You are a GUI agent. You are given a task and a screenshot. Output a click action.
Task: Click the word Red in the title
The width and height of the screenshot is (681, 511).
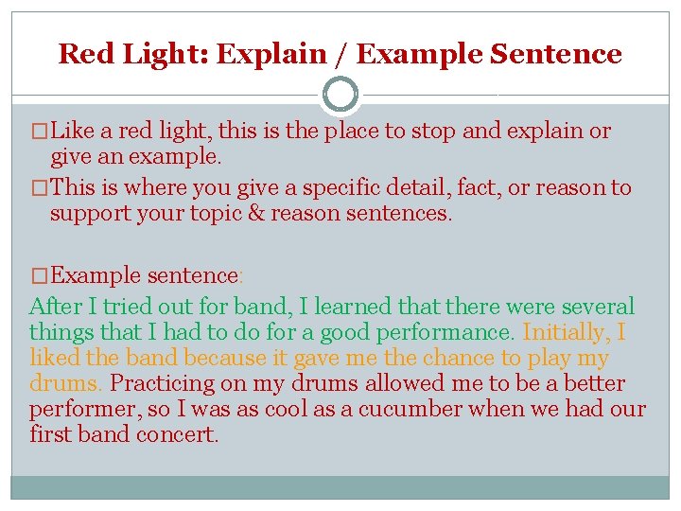[80, 54]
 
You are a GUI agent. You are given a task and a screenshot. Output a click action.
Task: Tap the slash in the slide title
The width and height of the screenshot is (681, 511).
[339, 54]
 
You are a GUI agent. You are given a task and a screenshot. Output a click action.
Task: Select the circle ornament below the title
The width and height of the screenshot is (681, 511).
[340, 95]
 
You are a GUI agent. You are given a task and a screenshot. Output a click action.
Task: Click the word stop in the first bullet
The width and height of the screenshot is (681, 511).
[434, 132]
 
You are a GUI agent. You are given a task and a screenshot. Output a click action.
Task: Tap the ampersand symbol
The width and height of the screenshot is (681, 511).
[254, 213]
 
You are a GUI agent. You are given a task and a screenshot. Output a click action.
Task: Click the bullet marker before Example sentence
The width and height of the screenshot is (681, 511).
[38, 275]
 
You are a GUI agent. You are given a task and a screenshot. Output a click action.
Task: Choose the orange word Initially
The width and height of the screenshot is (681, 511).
[566, 333]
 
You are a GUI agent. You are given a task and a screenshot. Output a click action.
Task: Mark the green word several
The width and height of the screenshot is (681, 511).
[595, 307]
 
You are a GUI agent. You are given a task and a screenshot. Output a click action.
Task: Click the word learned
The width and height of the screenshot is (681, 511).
[355, 307]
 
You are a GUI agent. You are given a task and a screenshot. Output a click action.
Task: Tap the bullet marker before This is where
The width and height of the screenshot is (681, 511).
[38, 187]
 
